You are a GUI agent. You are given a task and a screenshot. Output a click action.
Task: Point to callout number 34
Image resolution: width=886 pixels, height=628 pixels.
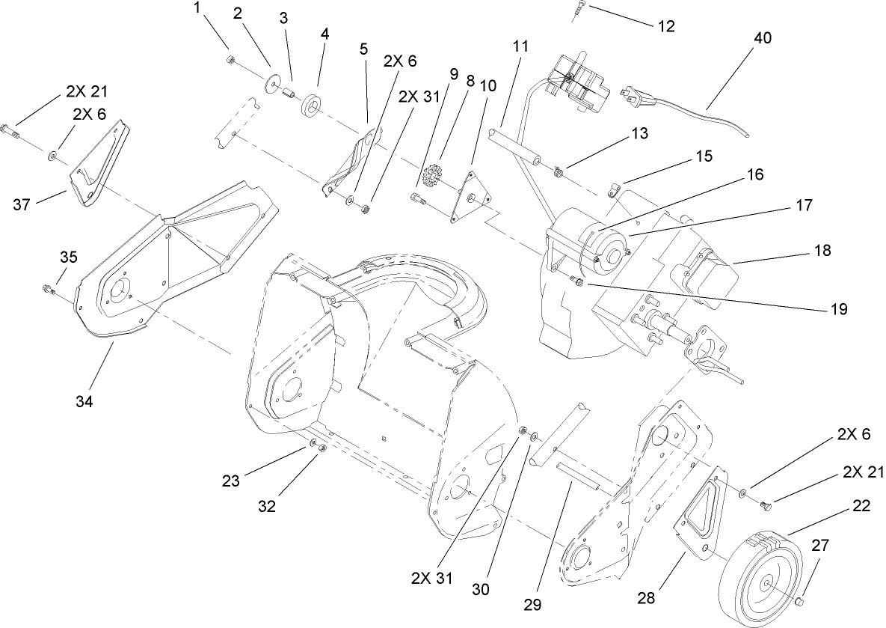click(x=84, y=401)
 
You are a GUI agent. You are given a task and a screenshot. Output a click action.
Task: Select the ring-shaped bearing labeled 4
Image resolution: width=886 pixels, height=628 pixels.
click(x=311, y=106)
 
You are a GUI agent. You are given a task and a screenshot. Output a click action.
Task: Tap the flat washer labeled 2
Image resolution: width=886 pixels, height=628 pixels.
click(x=271, y=82)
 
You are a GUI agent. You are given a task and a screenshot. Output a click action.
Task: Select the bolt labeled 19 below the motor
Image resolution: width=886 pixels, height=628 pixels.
click(x=576, y=280)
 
